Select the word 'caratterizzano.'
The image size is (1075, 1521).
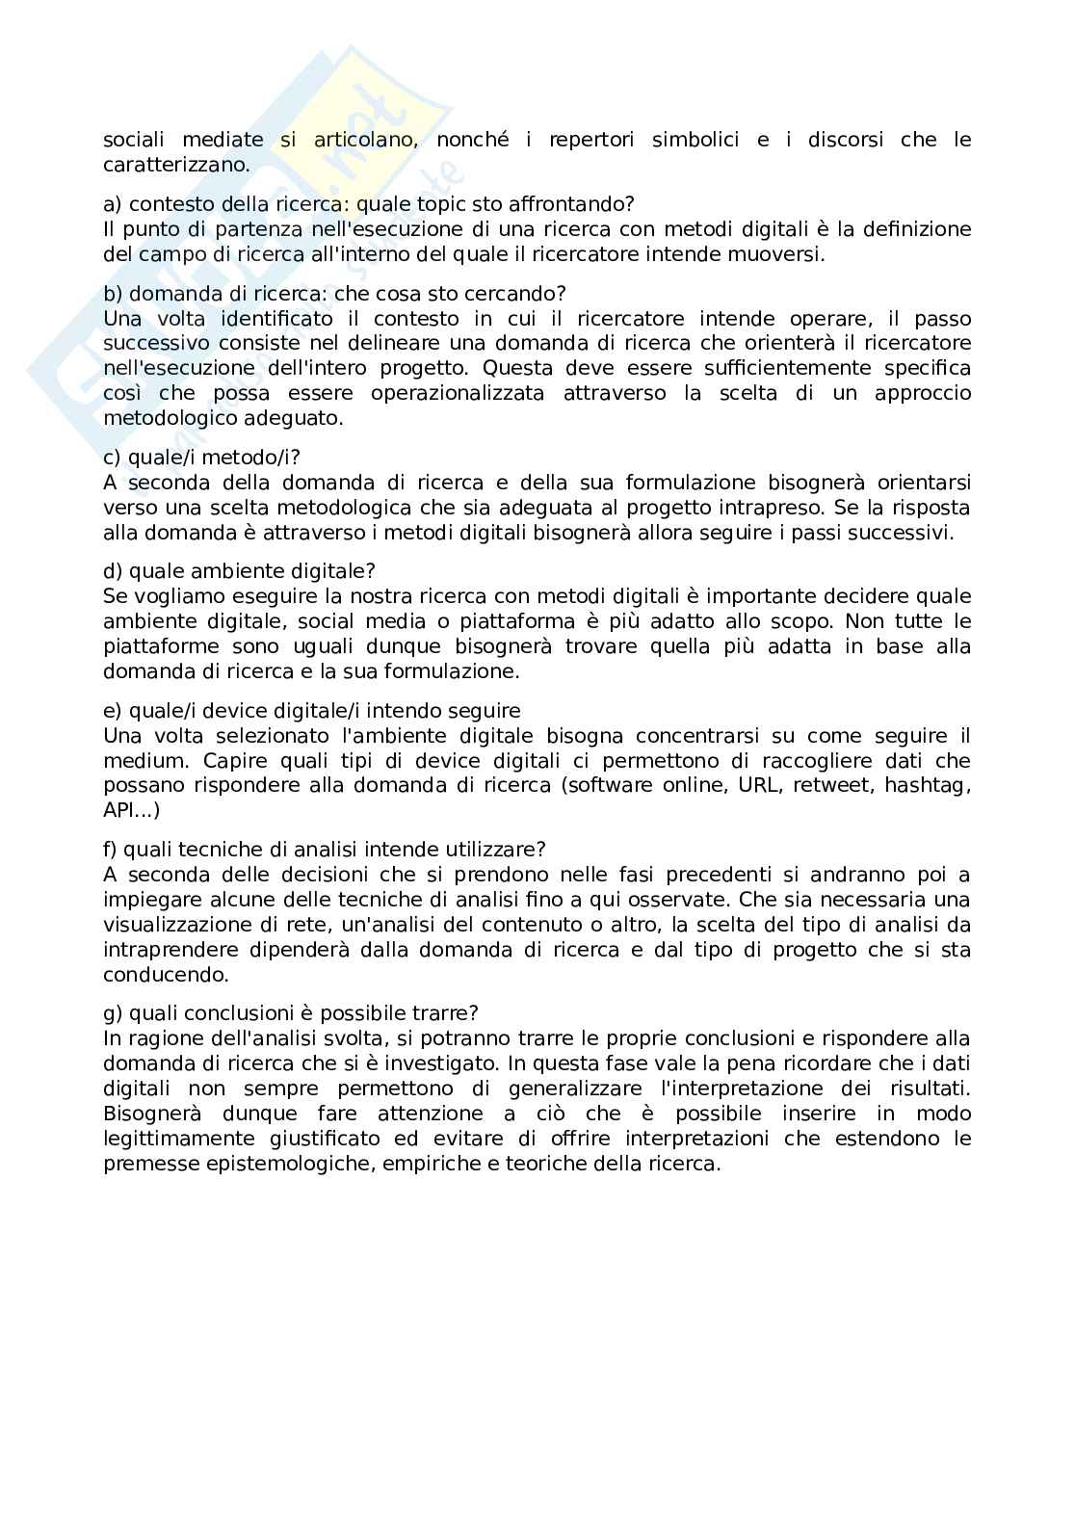[176, 165]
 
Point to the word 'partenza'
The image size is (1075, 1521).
[252, 229]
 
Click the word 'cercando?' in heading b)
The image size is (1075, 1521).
[521, 293]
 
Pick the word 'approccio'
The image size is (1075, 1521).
[923, 393]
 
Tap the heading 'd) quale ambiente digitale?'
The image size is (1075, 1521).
[239, 571]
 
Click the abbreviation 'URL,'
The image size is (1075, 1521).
[760, 785]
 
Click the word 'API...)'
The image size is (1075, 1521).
[132, 810]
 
